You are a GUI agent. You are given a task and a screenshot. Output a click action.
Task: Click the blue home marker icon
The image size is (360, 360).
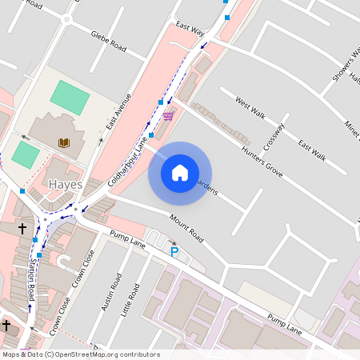(x=180, y=173)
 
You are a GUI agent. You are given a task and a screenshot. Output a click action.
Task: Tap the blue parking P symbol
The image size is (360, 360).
(x=174, y=252)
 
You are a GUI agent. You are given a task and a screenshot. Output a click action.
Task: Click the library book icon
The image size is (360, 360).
(x=64, y=142)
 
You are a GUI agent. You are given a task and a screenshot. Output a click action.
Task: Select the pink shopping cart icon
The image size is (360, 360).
(x=167, y=117)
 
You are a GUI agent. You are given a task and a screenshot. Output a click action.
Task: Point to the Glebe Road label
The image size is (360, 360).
(x=109, y=42)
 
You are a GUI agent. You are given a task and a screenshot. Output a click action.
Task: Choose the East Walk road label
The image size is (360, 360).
(x=311, y=150)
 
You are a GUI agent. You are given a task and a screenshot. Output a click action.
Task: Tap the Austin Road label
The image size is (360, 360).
(x=115, y=294)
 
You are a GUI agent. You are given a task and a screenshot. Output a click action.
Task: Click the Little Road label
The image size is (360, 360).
(x=127, y=299)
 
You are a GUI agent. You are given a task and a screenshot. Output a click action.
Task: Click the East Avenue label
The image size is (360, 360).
(x=118, y=112)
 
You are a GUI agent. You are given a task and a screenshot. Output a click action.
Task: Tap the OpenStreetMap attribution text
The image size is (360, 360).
(x=80, y=354)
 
